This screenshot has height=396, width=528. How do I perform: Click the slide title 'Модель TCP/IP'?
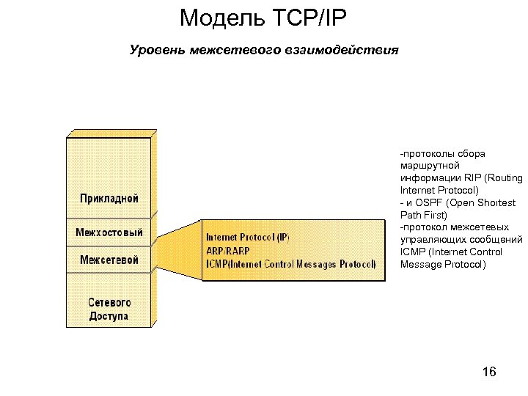click(x=263, y=18)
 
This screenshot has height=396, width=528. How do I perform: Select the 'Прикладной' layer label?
click(x=109, y=198)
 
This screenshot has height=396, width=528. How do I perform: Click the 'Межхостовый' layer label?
click(x=109, y=232)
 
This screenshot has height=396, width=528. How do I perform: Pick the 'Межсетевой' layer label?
click(x=109, y=260)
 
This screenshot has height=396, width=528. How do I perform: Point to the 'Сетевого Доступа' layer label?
click(x=109, y=309)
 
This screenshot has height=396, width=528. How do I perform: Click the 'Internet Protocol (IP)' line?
click(x=247, y=238)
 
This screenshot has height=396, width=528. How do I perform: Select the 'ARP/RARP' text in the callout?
click(x=227, y=250)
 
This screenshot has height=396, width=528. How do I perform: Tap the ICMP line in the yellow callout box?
click(x=290, y=263)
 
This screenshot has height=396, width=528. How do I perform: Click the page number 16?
click(x=490, y=373)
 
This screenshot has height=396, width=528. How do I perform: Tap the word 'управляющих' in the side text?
click(x=433, y=240)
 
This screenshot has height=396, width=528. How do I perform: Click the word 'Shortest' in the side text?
click(x=498, y=202)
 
